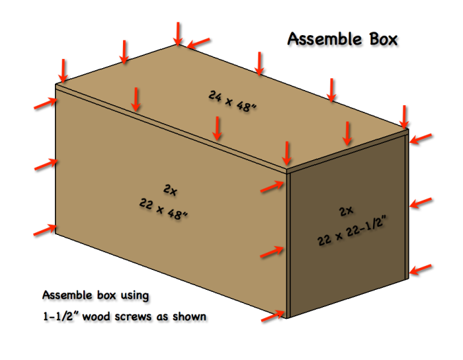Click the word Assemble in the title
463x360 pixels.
pyautogui.click(x=323, y=39)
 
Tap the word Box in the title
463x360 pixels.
pyautogui.click(x=382, y=39)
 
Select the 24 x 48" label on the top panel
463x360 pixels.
pyautogui.click(x=232, y=99)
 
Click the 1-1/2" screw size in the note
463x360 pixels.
pyautogui.click(x=63, y=316)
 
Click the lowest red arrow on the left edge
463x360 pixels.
pyautogui.click(x=44, y=230)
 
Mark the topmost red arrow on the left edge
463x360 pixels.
pyautogui.click(x=45, y=103)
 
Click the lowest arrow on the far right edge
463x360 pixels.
pyautogui.click(x=421, y=269)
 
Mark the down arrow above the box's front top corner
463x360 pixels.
pyautogui.click(x=286, y=154)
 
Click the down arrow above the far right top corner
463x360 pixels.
pyautogui.click(x=405, y=116)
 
